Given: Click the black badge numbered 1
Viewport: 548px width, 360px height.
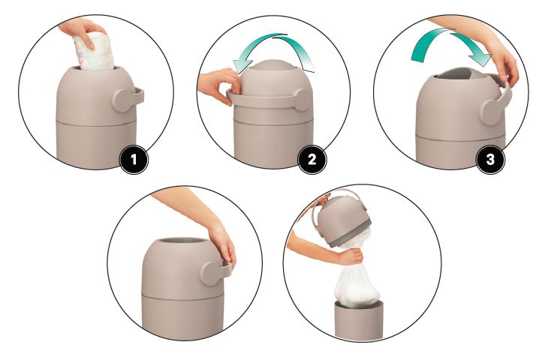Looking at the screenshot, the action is (134, 160).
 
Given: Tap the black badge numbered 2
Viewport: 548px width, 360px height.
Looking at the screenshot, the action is (312, 160).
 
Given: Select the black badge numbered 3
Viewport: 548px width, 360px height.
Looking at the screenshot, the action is (490, 160).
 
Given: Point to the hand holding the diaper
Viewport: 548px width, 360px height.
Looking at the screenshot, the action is (81, 31).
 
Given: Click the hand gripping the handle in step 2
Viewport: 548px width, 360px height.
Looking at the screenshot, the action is (218, 85).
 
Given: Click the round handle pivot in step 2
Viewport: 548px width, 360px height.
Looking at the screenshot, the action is (303, 100).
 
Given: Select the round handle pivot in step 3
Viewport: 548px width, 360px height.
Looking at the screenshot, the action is (492, 112).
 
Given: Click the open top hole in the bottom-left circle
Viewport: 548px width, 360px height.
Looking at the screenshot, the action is (181, 241).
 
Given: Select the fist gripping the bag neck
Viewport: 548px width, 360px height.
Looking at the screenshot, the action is (351, 256).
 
